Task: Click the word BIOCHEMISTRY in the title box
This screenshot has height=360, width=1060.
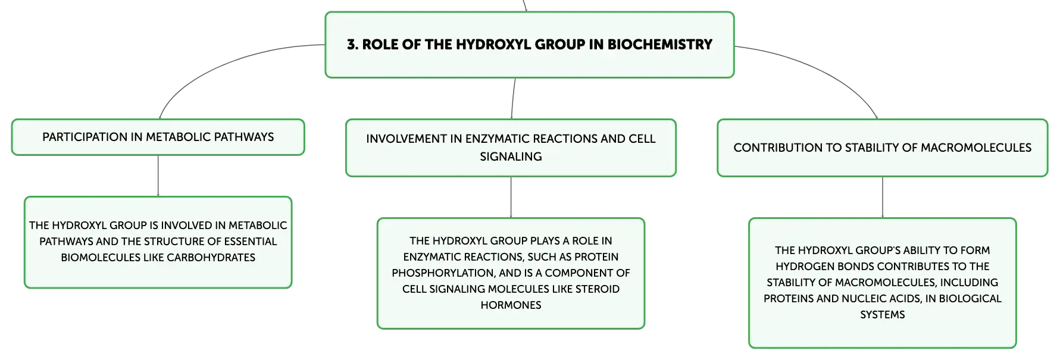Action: pos(659,45)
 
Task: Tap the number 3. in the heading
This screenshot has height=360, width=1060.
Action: pos(353,45)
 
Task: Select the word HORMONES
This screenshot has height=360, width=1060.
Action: pos(511,305)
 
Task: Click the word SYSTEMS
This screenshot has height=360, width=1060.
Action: pos(883,315)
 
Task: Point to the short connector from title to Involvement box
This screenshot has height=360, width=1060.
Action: pos(513,98)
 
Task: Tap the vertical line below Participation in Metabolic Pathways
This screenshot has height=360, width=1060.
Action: pos(158,176)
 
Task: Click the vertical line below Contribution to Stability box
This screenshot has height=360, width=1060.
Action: pos(883,198)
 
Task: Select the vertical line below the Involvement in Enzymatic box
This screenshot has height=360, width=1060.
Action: pos(511,198)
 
